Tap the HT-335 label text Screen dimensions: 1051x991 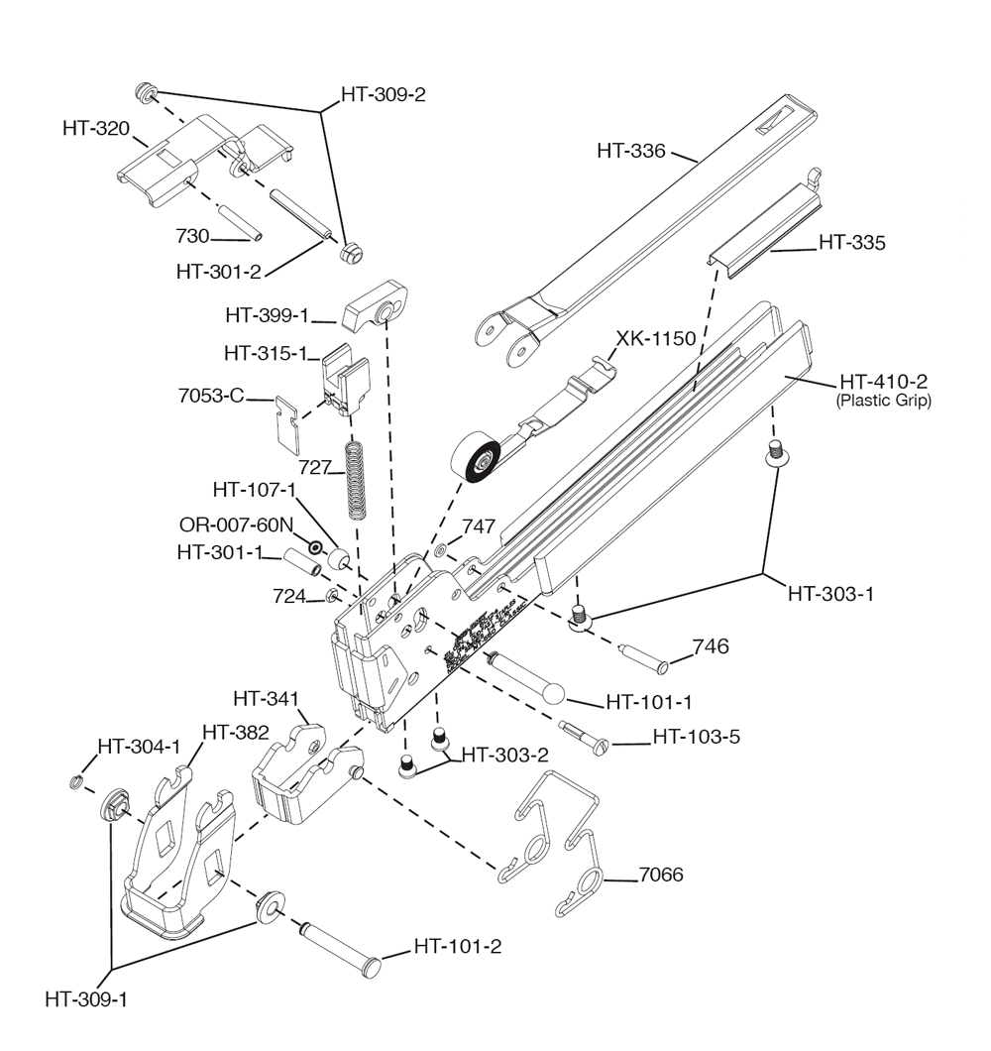[x=851, y=242]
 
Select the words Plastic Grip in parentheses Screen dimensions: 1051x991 [x=884, y=401]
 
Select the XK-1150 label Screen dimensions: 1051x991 [x=656, y=338]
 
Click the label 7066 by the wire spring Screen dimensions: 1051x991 [x=661, y=875]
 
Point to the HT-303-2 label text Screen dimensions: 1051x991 [x=504, y=755]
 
